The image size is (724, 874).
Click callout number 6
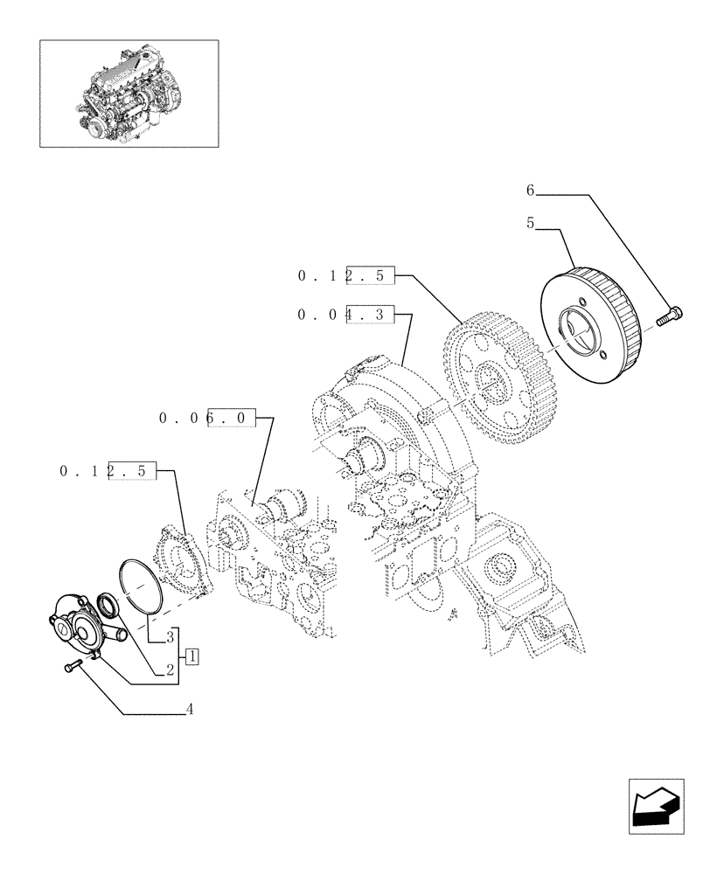(x=530, y=190)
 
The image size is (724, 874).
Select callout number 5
(x=530, y=224)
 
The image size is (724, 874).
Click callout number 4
(x=188, y=710)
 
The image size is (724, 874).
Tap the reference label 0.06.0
(x=208, y=419)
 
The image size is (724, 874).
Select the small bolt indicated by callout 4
(x=71, y=668)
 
